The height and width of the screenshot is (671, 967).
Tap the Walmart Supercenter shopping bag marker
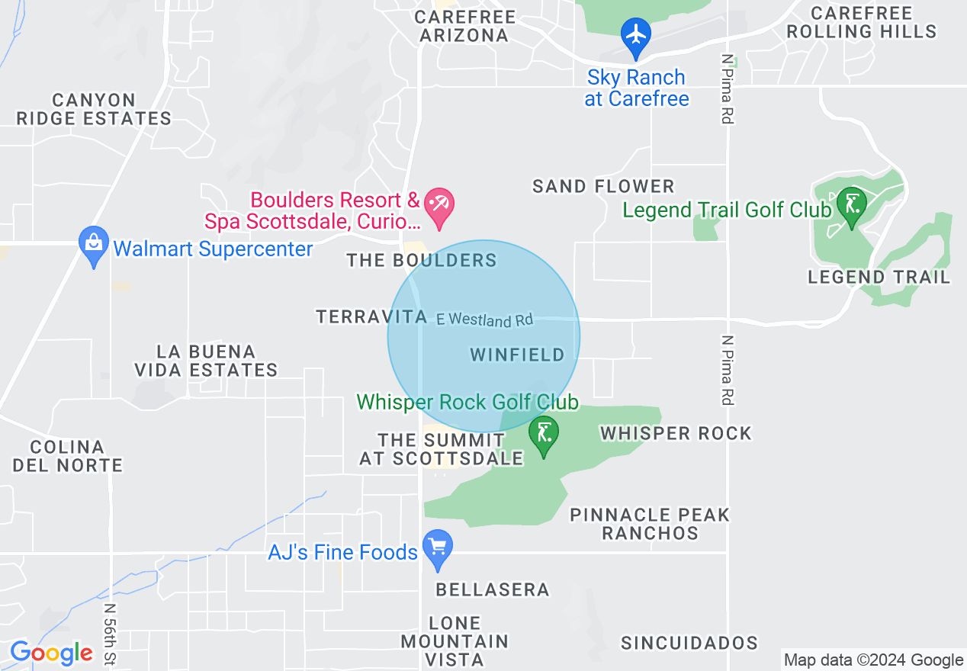click(94, 244)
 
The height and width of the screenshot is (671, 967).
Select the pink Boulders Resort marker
click(440, 206)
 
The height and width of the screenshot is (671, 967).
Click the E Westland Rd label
click(484, 319)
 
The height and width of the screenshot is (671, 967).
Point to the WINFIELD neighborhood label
click(517, 355)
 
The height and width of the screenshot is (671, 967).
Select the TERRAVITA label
click(371, 316)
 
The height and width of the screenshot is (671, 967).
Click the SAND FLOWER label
click(603, 186)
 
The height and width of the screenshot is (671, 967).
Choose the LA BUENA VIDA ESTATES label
click(206, 361)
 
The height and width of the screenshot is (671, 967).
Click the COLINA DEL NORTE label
click(67, 456)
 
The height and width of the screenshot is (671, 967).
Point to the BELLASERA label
click(492, 589)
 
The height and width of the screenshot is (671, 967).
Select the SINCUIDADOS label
click(689, 643)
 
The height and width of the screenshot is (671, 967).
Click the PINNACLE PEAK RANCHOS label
click(650, 524)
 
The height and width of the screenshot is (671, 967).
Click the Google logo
click(51, 653)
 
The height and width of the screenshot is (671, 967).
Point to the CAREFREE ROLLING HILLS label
click(861, 22)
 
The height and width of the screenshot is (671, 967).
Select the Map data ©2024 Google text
click(874, 660)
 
